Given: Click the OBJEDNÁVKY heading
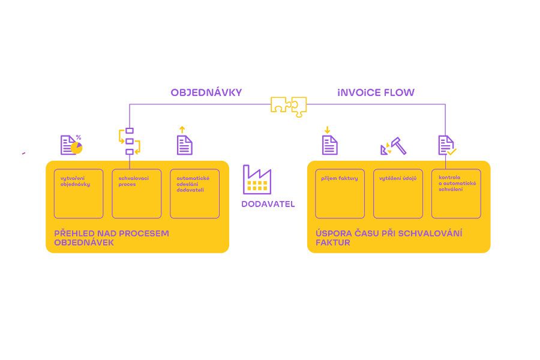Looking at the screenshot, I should (x=206, y=92).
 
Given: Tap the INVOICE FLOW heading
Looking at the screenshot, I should (x=376, y=92).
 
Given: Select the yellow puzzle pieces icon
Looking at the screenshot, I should (x=288, y=105).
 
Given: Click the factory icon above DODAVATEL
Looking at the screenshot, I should (x=257, y=179).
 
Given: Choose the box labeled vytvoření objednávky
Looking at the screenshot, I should (x=79, y=193).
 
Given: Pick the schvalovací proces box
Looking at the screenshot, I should (x=136, y=193).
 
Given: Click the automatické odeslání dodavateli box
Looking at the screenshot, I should (x=194, y=193).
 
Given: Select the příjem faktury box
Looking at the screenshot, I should (x=340, y=193).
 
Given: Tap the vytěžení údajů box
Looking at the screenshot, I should (x=398, y=193).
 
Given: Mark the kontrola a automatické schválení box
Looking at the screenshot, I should (x=456, y=193).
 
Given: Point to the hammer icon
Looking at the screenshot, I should (x=394, y=146).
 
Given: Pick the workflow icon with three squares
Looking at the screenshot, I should (x=129, y=141).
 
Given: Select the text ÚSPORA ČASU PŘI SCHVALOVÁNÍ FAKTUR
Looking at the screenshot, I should (x=388, y=238).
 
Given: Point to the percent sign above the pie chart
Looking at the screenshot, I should (x=79, y=137).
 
